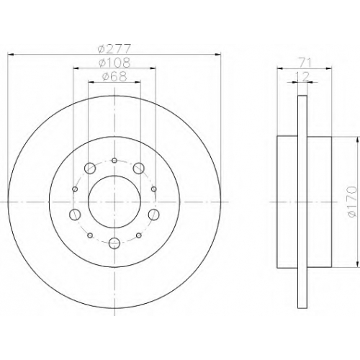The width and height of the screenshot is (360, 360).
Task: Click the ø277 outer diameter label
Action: pos(114,49)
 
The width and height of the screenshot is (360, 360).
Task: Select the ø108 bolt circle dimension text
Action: pos(114,63)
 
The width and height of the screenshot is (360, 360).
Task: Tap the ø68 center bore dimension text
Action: pos(114,77)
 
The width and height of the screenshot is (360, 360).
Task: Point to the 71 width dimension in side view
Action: pos(305,63)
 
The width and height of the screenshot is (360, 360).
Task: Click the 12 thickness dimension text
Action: pos(302,77)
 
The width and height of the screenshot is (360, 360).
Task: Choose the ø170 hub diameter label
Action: pos(352,202)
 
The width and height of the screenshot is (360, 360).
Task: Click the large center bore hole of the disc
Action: pos(114,202)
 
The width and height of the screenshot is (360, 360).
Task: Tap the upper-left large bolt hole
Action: pos(90,168)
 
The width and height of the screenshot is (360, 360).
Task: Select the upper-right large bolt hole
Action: pos(138,168)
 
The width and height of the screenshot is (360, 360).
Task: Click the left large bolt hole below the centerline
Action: pos(75,215)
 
